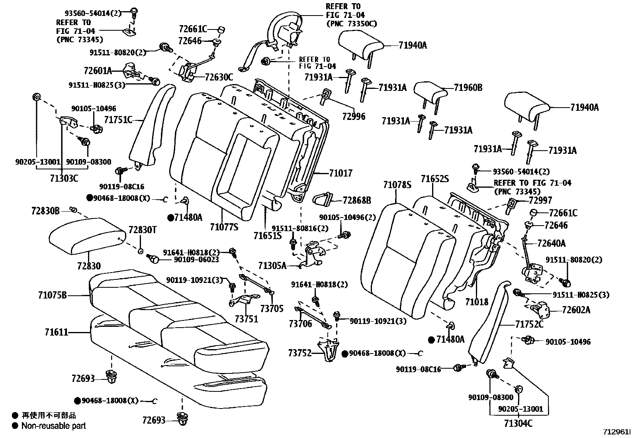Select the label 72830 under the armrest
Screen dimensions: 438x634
point(89,266)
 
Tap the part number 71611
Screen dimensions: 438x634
point(56,332)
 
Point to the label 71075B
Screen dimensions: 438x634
point(53,295)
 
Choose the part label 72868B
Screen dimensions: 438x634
point(356,200)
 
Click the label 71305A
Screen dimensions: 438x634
point(272,265)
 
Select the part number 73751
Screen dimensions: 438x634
point(246,319)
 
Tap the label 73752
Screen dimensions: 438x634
point(300,353)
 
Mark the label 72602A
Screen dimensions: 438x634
point(576,310)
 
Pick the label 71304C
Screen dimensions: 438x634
point(518,423)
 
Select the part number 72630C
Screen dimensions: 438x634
point(219,77)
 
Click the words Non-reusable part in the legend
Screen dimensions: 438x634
point(53,426)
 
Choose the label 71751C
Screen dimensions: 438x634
point(118,119)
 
